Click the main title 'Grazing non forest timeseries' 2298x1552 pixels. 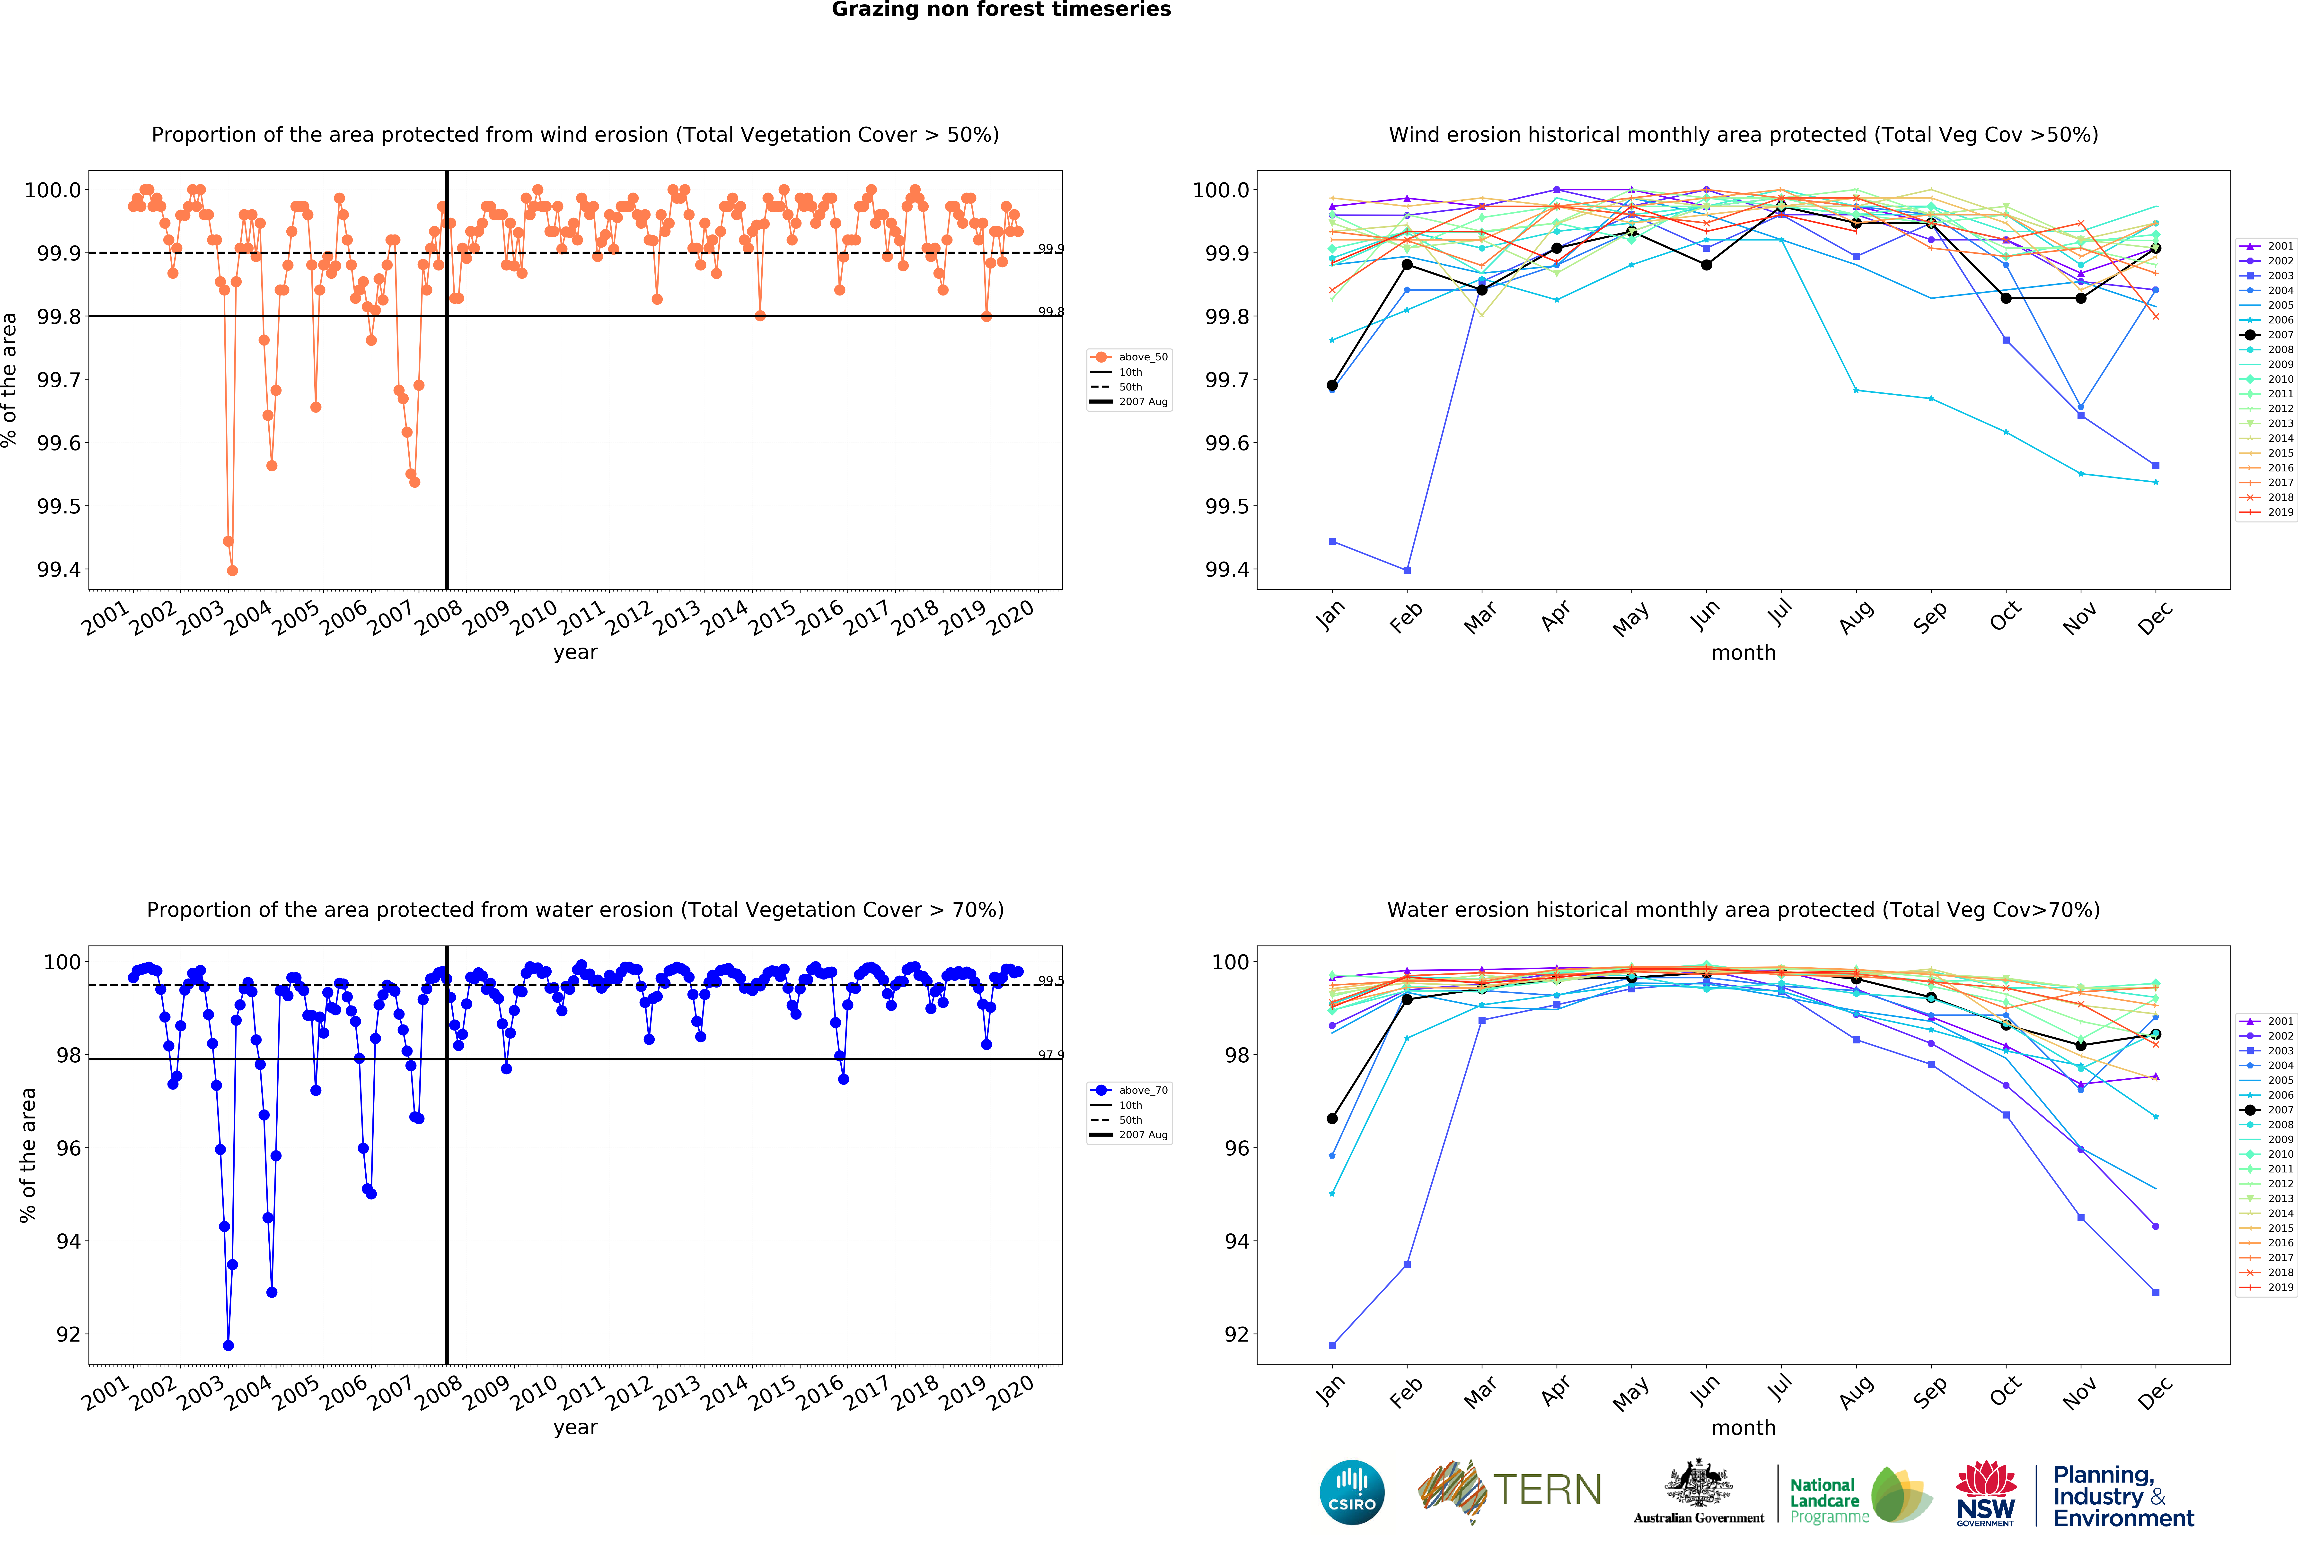point(1001,10)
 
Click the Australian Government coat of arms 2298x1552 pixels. point(1698,1483)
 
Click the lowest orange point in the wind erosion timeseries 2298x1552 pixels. point(232,570)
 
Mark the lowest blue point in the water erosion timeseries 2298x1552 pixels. point(229,1345)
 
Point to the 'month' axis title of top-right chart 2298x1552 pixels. point(1743,653)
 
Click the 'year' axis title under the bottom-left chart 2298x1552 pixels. point(575,1427)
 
